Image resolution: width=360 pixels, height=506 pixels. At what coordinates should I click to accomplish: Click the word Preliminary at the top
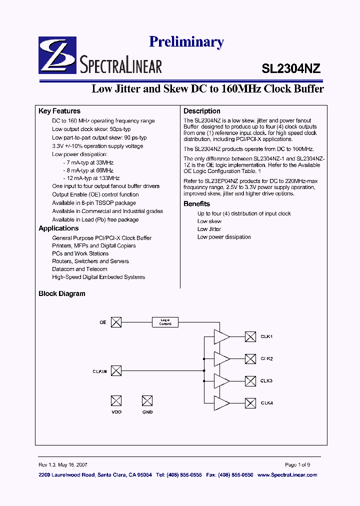186,42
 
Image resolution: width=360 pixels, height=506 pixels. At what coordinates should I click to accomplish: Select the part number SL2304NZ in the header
291,68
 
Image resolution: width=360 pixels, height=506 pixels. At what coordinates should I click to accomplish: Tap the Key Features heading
59,111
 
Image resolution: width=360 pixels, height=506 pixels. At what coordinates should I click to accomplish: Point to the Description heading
202,111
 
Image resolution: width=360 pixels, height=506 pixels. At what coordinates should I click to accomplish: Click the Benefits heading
196,203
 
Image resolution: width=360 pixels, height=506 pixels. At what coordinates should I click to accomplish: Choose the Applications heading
58,228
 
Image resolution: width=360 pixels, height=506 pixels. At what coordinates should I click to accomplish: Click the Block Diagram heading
62,293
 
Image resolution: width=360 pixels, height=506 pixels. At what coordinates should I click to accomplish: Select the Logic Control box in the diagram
165,322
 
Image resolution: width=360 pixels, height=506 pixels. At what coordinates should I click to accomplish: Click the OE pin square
116,322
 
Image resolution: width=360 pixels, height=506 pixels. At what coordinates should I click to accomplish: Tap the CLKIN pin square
116,370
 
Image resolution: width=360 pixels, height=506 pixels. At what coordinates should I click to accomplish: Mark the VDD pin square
116,400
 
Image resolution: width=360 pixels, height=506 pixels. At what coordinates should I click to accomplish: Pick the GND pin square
147,400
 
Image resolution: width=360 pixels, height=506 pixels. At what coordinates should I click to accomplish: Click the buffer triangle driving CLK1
221,336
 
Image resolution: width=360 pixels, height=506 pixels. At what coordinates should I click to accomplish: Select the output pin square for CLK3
250,380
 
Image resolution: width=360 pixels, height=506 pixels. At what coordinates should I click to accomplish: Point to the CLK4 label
266,403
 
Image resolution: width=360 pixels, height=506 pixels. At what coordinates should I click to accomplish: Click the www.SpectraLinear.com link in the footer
287,474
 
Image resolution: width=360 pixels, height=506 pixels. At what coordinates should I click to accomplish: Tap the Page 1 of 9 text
297,464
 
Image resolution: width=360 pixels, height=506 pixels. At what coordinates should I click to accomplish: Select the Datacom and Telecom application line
79,269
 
